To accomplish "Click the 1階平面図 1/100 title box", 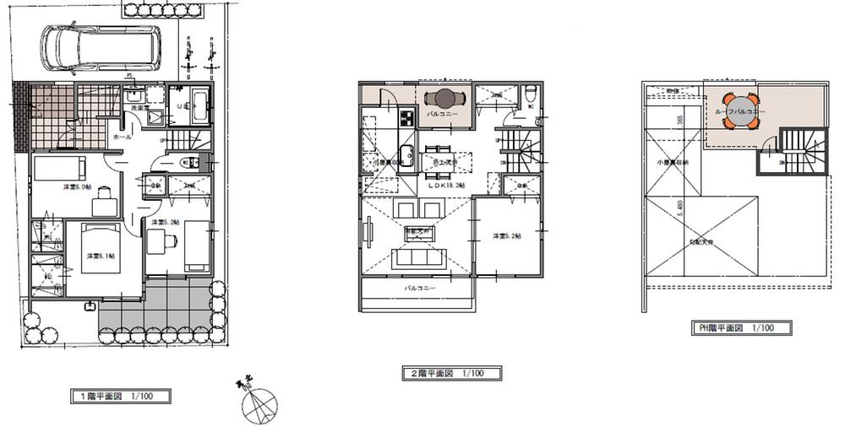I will pyautogui.click(x=120, y=394).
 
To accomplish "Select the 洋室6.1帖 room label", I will pyautogui.click(x=100, y=255).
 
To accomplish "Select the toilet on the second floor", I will pyautogui.click(x=530, y=94).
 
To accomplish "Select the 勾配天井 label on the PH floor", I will pyautogui.click(x=700, y=241).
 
